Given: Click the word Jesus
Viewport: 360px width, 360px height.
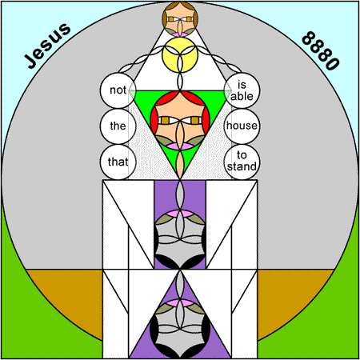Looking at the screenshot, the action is [x=47, y=46].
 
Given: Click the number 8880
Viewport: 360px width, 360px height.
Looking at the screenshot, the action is [x=321, y=50].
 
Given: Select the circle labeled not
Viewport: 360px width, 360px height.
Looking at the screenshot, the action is [x=118, y=90].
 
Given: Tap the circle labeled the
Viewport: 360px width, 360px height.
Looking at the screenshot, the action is [x=118, y=126].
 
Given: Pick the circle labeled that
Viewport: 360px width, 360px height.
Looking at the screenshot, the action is [x=118, y=162].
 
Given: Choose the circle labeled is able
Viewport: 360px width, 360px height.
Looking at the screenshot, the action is [x=242, y=90].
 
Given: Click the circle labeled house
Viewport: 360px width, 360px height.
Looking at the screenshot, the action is [x=242, y=126].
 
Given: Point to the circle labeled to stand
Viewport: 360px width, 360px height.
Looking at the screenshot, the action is [x=242, y=162].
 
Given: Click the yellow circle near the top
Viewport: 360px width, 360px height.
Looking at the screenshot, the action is [x=180, y=54].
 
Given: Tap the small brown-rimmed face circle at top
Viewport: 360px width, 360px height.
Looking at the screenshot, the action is [x=180, y=19].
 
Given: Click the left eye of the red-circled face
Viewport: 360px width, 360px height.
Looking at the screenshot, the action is [x=165, y=121].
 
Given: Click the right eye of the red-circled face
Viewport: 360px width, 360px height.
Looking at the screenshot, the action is [x=195, y=121].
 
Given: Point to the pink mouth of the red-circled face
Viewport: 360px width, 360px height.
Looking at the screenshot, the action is [x=180, y=146].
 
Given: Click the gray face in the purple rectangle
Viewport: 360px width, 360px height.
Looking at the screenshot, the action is [x=180, y=239].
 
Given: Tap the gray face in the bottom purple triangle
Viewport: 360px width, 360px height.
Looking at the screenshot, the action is [x=180, y=329].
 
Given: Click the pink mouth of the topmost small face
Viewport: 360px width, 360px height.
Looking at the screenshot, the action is [x=180, y=34].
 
